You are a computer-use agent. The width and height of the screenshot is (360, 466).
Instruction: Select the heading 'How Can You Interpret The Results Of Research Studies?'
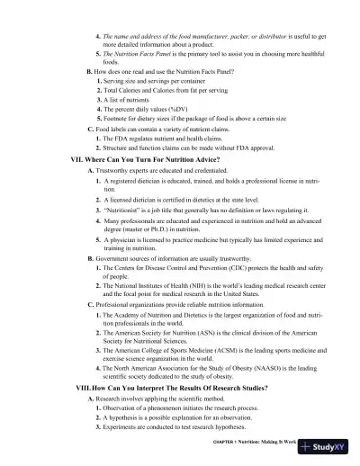point(179,386)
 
